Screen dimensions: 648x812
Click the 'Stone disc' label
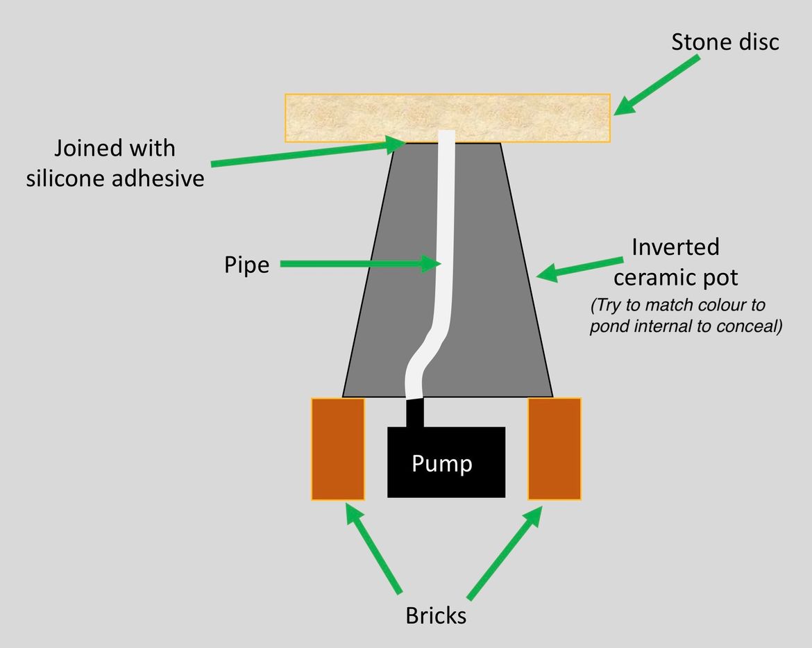coord(725,42)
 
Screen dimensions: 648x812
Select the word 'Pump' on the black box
coord(442,463)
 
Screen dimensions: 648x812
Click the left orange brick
coord(338,449)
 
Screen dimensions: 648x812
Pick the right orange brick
coord(555,449)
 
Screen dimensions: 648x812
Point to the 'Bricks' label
coord(436,615)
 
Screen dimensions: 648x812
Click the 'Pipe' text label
coord(246,264)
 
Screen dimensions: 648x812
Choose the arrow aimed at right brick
coord(505,552)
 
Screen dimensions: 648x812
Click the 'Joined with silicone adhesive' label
coord(115,163)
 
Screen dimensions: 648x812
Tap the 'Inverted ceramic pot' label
coord(675,262)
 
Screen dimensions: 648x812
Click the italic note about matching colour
coord(686,316)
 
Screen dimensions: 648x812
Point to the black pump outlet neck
coord(414,413)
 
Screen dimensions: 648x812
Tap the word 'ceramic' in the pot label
coord(652,278)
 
